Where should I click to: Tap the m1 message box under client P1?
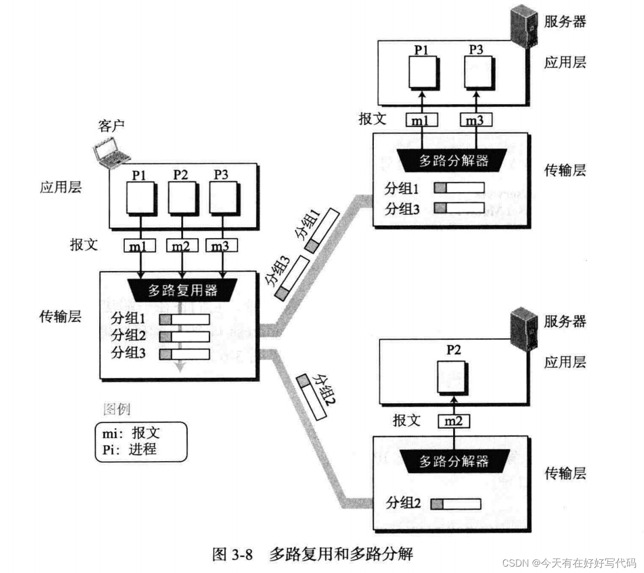pos(140,246)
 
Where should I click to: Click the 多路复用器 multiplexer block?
pos(183,290)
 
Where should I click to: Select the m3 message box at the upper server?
pos(475,120)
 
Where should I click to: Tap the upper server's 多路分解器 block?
pos(454,160)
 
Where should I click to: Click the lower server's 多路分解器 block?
pos(454,461)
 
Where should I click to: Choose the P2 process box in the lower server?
pos(452,376)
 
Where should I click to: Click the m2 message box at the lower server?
pos(454,422)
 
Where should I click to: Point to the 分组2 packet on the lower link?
pos(313,397)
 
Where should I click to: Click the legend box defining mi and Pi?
pos(141,441)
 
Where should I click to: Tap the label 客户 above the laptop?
pos(111,126)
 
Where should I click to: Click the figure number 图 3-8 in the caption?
pos(232,554)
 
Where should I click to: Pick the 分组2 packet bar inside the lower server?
pos(456,504)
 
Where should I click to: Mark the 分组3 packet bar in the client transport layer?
pos(184,354)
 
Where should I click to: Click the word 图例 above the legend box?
pos(116,410)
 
